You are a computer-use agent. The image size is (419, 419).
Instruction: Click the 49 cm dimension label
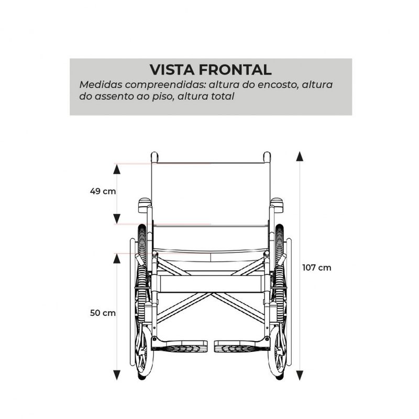point(103,191)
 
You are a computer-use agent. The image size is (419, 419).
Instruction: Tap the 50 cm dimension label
point(103,313)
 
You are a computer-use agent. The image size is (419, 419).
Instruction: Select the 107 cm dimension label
point(317,268)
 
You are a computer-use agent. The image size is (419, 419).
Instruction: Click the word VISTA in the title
point(172,70)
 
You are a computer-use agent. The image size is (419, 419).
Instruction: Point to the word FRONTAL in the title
point(235,70)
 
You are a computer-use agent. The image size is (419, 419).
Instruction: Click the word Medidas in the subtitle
point(101,85)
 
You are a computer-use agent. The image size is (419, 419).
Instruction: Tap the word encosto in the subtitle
point(278,85)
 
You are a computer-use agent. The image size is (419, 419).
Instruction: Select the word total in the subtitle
point(223,96)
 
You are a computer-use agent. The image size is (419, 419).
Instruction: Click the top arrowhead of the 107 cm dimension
point(300,156)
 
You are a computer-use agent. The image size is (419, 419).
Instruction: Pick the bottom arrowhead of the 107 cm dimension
point(300,376)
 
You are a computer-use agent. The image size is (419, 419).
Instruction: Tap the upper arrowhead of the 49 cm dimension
point(116,169)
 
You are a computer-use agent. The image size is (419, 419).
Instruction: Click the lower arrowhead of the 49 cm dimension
point(116,219)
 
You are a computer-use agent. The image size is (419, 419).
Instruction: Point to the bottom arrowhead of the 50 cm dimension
point(116,375)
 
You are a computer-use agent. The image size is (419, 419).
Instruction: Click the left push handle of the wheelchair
point(155,157)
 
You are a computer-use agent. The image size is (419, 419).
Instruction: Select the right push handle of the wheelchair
point(267,157)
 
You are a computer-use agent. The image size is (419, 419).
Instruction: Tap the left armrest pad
point(145,205)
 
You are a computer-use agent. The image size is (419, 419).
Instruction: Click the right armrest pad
point(277,205)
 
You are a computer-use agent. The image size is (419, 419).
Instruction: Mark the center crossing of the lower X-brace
point(211,294)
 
